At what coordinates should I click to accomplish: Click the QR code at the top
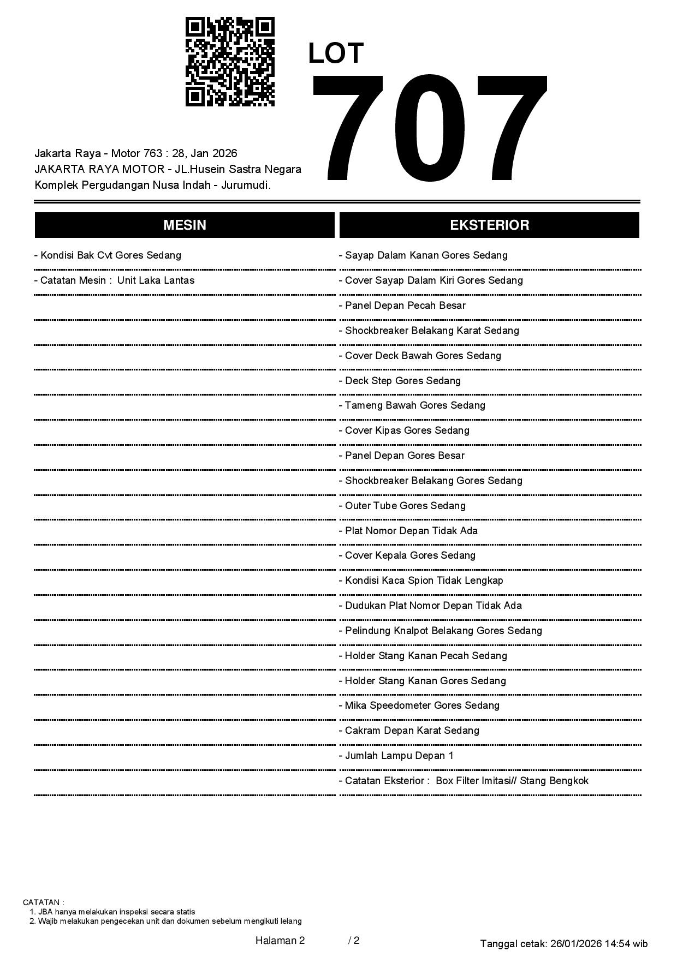(230, 62)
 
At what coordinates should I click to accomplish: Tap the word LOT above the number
(336, 53)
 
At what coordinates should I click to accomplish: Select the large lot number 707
(429, 129)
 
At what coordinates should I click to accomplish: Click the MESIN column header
(185, 225)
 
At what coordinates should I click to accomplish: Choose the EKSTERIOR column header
(489, 225)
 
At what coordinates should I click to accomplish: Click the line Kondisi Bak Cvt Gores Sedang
(108, 255)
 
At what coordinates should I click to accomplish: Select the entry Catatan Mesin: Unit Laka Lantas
(114, 280)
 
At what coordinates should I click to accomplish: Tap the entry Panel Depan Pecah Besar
(402, 306)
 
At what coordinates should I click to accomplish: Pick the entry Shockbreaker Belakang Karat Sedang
(429, 331)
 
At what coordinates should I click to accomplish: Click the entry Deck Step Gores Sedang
(400, 381)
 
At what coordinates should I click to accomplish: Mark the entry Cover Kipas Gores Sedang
(404, 430)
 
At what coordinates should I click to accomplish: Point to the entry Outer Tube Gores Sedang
(402, 506)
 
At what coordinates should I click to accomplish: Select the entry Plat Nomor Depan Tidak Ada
(408, 531)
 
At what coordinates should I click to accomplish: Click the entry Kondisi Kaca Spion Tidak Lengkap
(421, 581)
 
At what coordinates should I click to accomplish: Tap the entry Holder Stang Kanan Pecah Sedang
(423, 656)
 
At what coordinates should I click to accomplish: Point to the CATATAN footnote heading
(44, 902)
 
